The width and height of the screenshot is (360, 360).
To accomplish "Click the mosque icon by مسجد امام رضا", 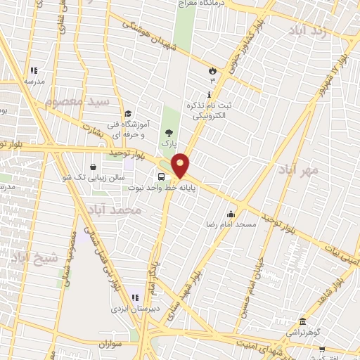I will point(231,214).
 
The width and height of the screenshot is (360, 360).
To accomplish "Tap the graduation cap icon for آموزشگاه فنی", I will point(128,114).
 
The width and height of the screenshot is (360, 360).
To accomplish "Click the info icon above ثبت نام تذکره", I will point(209,94).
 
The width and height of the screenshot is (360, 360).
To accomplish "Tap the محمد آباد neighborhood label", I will point(115,210).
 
